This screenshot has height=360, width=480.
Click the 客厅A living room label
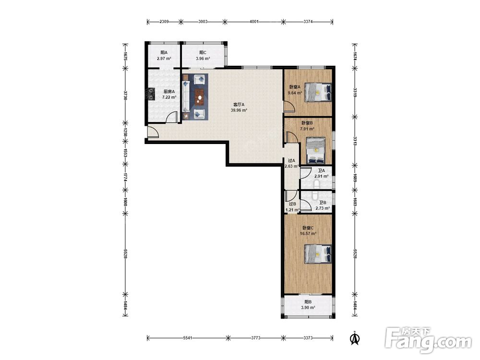pos(239,104)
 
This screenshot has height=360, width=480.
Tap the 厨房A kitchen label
pos(169,91)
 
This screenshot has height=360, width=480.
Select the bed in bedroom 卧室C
pos(318,254)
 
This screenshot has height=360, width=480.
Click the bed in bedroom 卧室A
pos(318,92)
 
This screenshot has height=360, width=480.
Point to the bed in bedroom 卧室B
pos(316,150)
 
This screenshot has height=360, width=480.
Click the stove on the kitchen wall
pos(151,94)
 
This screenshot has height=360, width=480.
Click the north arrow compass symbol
pos(355,338)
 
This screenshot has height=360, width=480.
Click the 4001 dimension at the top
pos(254,22)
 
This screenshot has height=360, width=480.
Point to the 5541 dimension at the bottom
pos(187,338)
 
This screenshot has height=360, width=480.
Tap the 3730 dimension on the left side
pos(125,95)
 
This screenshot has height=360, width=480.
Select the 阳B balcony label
pos(308,302)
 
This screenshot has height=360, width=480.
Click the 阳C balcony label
pos(203,53)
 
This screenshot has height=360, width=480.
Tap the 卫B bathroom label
pos(323,203)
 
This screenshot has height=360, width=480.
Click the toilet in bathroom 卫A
pos(316,184)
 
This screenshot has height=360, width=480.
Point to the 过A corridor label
pos(291,160)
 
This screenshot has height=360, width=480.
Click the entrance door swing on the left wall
pos(153,132)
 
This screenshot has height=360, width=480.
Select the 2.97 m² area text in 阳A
pos(164,59)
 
